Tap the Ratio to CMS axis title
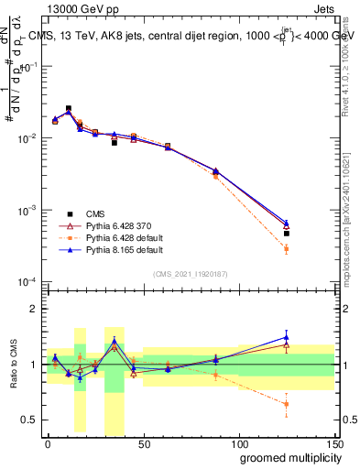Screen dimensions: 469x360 click(x=12, y=365)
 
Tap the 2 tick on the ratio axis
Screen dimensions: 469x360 click(x=35, y=309)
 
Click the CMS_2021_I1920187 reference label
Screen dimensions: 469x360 click(x=191, y=273)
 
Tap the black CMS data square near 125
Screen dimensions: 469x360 click(x=287, y=234)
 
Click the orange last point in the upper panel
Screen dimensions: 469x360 click(x=287, y=249)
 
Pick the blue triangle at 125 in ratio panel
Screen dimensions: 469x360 click(x=287, y=337)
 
